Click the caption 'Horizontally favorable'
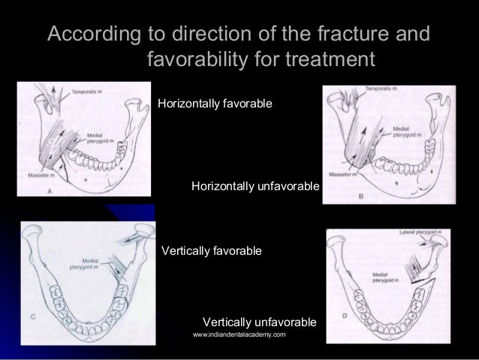[215, 101]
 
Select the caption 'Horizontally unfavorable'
[255, 186]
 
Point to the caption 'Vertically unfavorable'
[259, 322]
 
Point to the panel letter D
[344, 316]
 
